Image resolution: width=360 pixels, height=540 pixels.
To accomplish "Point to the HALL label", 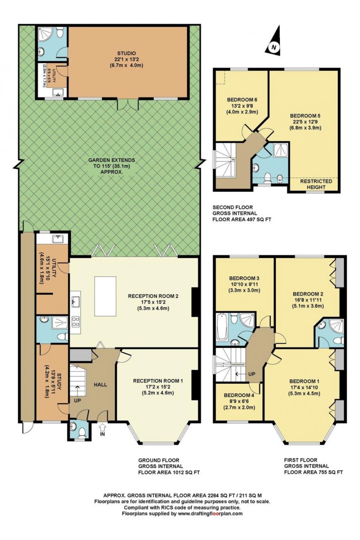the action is tap(100, 385).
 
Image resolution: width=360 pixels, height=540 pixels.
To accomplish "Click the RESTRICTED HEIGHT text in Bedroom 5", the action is tap(316, 184).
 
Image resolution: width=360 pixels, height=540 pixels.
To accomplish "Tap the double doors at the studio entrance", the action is tap(128, 104).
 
